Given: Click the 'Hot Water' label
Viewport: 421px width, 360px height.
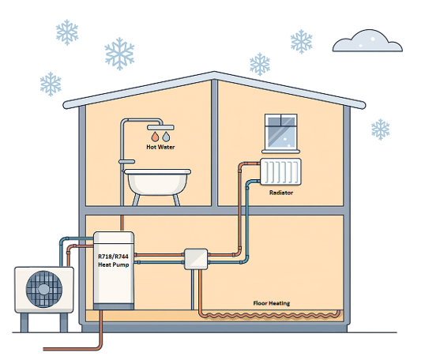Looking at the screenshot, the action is [x=160, y=147].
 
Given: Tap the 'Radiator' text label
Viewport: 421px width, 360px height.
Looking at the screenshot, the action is [x=281, y=193].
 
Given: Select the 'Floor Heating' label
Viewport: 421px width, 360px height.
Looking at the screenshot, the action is [x=272, y=303].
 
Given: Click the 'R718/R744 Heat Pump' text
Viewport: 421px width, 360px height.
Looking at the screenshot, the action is [x=113, y=261].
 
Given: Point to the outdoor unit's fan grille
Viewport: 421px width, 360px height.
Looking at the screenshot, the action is [x=44, y=289].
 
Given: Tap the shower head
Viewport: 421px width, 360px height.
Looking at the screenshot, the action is [x=160, y=127].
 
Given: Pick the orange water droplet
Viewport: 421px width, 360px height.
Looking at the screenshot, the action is [x=155, y=137].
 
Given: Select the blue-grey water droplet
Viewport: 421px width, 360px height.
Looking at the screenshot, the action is [x=166, y=137].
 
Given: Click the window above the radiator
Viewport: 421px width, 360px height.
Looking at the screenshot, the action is [x=281, y=132].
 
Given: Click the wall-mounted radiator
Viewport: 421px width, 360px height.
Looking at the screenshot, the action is [x=280, y=172].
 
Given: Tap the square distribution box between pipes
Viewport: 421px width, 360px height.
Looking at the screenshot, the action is [x=196, y=259].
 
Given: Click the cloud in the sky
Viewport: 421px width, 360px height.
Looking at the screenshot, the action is [x=367, y=41].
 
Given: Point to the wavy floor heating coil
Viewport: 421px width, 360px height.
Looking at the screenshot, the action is [x=271, y=315].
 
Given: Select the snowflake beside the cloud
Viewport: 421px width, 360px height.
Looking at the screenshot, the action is [x=302, y=42].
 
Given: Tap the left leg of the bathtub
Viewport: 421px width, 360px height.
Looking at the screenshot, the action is [x=136, y=201].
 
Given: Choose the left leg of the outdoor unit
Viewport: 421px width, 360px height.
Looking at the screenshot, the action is [x=24, y=323].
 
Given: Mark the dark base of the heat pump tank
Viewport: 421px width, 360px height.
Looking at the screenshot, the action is [x=114, y=306].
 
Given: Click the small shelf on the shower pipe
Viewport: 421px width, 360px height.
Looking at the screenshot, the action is [x=126, y=162].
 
